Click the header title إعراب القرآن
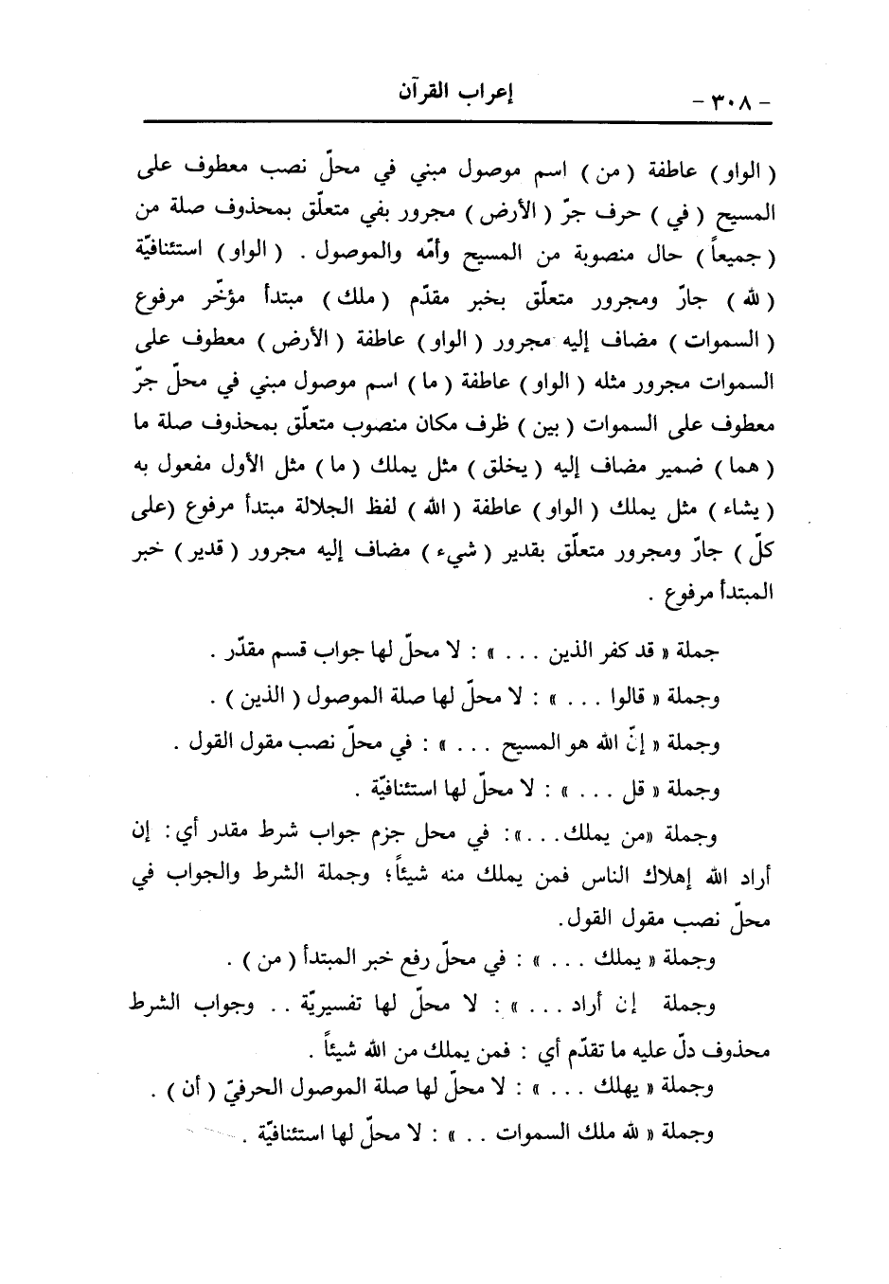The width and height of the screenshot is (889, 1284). point(453,97)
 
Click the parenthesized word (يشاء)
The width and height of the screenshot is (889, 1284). point(750,513)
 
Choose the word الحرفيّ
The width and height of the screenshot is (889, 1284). point(236,1089)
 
